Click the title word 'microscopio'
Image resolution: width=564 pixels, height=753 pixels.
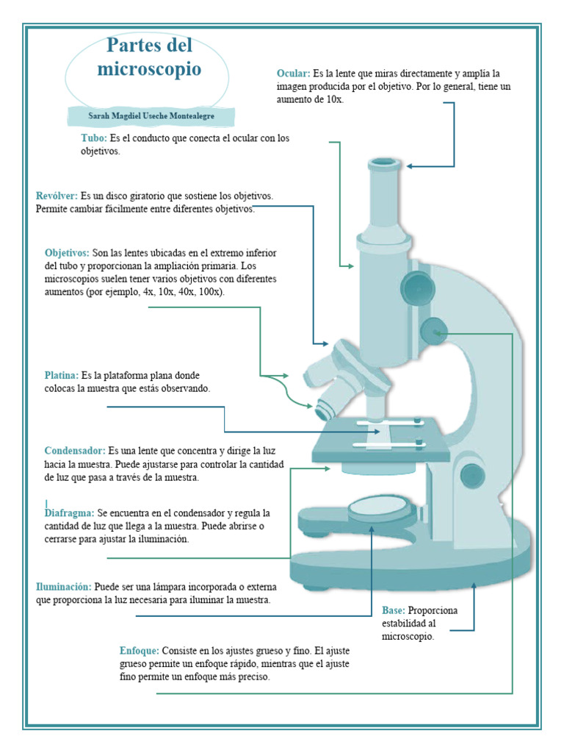coord(149,70)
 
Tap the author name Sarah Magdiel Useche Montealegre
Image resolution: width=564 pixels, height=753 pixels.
coord(151,116)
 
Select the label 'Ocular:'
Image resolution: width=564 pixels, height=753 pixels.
coord(293,74)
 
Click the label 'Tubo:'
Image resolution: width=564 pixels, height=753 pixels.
coord(94,138)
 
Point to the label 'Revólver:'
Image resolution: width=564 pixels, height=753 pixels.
coord(57,196)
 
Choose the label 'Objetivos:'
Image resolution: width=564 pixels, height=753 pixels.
coord(67,253)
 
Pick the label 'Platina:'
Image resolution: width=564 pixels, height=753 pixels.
coord(61,375)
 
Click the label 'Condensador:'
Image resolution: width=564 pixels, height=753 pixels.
coord(74,451)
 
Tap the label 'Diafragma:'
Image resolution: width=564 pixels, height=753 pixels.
coord(69,513)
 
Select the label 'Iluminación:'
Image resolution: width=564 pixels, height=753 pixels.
coord(64,587)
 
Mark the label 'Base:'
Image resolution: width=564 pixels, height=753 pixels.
coord(394,610)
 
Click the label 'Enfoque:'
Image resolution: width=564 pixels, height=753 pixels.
coord(139,651)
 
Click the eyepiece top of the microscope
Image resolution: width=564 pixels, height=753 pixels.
coord(385,163)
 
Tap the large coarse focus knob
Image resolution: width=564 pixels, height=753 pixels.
coord(417,286)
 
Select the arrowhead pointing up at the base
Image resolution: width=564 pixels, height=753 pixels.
coord(474,586)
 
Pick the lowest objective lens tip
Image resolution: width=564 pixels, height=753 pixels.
coord(322,411)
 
